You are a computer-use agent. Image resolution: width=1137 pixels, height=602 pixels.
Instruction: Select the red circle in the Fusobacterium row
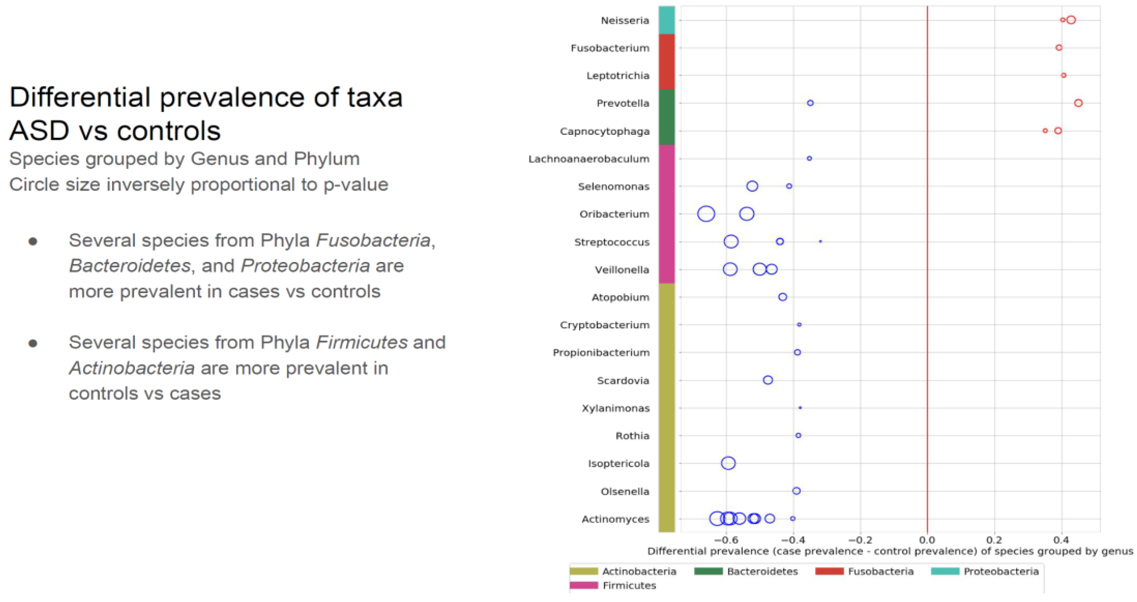[1059, 48]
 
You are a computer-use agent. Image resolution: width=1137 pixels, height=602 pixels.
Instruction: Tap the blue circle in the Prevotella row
[810, 103]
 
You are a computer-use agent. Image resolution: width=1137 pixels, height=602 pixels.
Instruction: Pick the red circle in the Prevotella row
[1078, 103]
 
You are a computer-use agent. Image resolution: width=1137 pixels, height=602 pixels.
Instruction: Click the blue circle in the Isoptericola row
[728, 463]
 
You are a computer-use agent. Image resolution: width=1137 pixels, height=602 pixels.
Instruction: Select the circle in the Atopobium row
[783, 297]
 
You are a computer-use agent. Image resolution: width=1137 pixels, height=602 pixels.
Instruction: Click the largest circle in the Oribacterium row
[706, 214]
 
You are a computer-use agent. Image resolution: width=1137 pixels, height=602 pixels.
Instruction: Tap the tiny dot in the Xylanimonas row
[800, 408]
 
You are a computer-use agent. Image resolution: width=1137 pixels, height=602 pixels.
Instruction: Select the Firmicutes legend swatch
[584, 585]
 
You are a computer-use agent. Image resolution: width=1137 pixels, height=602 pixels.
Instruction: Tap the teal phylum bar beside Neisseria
[666, 20]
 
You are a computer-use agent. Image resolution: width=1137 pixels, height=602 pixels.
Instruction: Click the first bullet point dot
[33, 241]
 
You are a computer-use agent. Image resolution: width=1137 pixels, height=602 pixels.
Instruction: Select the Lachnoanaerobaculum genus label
[589, 159]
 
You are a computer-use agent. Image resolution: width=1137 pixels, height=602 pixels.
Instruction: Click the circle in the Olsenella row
[796, 491]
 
